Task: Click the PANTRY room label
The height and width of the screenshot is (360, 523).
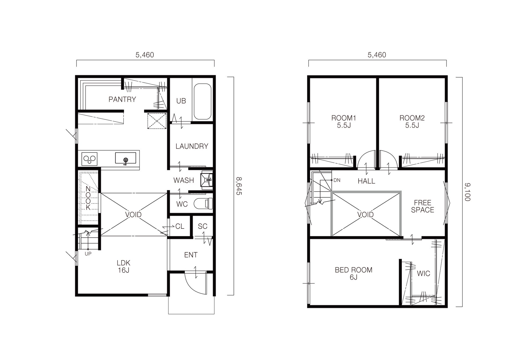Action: (x=122, y=99)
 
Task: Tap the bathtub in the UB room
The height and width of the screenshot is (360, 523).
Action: (x=202, y=101)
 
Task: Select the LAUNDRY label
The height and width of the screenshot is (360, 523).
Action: (x=192, y=146)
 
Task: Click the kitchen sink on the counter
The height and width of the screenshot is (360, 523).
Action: (x=125, y=158)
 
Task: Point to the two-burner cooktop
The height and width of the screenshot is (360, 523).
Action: (x=90, y=159)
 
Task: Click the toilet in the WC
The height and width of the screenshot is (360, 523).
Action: (x=203, y=203)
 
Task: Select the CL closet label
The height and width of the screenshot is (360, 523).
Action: (x=180, y=227)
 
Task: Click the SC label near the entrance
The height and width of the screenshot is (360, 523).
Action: (x=202, y=226)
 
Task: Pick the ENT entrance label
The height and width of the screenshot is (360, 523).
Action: (x=191, y=255)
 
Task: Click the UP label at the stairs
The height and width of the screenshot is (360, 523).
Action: (x=88, y=254)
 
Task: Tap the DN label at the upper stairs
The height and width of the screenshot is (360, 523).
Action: (x=337, y=180)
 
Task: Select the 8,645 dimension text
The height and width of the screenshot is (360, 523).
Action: (x=239, y=186)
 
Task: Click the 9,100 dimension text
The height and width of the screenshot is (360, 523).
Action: (x=467, y=192)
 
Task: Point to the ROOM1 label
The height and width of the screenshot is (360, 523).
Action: (x=344, y=118)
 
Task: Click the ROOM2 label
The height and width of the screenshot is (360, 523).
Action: (x=412, y=118)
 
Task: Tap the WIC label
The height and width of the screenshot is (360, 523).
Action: (x=423, y=274)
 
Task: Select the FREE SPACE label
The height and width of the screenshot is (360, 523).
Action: (x=422, y=206)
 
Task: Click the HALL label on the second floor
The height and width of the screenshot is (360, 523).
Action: (x=366, y=181)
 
